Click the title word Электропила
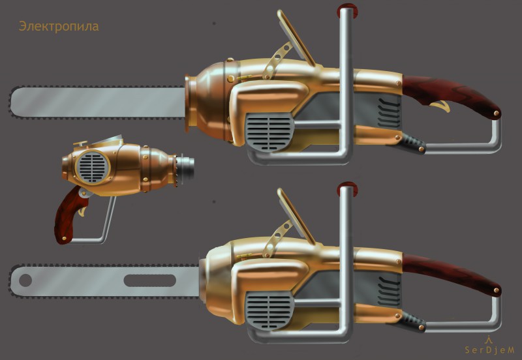(59, 26)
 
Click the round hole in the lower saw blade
(25, 280)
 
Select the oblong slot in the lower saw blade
(150, 280)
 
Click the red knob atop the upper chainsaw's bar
(347, 10)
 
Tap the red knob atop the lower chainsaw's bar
(347, 188)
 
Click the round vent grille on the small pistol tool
(93, 167)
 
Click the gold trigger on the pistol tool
(83, 211)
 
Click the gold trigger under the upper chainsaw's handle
(441, 106)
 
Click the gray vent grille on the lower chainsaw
(269, 310)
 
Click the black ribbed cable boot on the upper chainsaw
(412, 142)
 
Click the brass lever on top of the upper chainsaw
(296, 37)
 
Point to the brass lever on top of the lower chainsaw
(296, 217)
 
